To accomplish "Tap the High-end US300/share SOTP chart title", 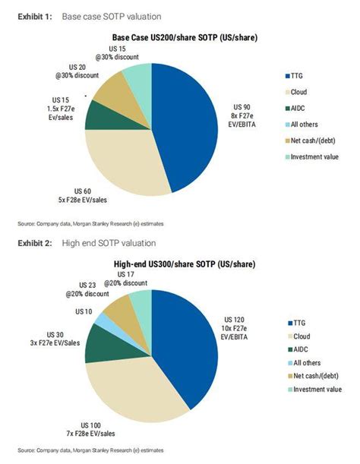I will (x=185, y=264).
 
